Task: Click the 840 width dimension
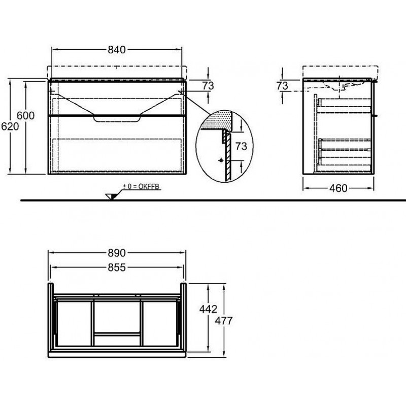click(117, 49)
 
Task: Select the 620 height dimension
click(10, 126)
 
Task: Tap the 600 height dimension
click(26, 116)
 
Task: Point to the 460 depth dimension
click(339, 188)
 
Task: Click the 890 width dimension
click(117, 253)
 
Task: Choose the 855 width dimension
click(117, 267)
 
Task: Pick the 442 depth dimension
click(208, 309)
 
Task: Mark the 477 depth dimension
click(224, 321)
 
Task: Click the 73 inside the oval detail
click(242, 147)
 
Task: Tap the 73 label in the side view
click(282, 86)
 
